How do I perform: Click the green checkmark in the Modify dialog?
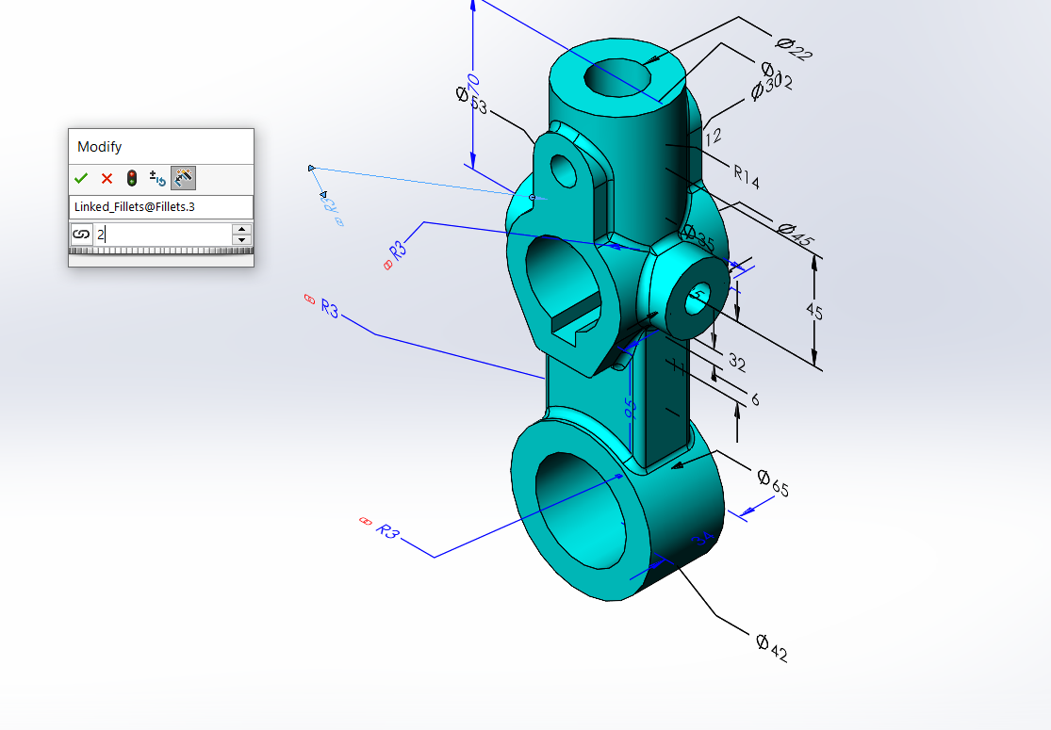82,178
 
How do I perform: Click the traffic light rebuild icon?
132,178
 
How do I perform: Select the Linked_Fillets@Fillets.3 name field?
160,206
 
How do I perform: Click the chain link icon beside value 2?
81,235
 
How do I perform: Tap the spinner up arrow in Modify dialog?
242,229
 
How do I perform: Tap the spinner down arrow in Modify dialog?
242,240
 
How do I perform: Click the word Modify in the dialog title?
99,147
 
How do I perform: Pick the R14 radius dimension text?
746,175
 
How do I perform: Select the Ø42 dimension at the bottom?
771,647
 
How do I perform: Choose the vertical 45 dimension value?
813,311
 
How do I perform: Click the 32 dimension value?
735,362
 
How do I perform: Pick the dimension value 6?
755,399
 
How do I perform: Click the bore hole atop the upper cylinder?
617,77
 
